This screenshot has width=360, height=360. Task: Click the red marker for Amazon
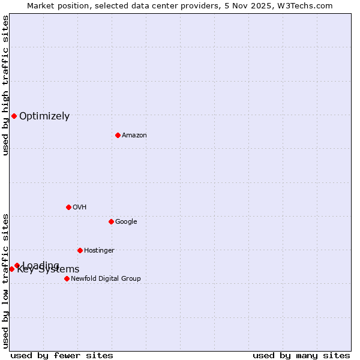118,135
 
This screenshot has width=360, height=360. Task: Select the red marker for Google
111,221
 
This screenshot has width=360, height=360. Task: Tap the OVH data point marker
68,207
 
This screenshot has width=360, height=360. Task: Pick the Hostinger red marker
80,250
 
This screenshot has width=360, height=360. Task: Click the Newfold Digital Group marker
67,278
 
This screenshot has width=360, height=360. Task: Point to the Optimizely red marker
14,116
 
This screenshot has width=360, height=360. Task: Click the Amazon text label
134,136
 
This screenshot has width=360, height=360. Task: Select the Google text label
126,222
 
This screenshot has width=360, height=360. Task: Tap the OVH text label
80,208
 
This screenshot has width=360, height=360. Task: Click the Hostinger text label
99,251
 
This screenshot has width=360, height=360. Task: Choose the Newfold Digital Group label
106,279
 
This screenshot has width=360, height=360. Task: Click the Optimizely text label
44,116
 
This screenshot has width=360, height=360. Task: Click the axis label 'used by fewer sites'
62,356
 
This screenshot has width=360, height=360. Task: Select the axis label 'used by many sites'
301,356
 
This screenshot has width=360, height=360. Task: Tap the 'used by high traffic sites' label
5,85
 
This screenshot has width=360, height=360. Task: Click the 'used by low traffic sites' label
5,281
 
